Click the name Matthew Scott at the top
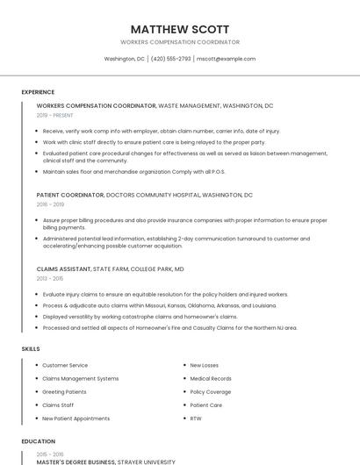(180, 29)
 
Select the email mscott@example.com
(226, 59)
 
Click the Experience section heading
(38, 92)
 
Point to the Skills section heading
(31, 349)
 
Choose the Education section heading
(38, 441)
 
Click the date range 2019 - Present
(54, 115)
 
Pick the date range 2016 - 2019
(49, 204)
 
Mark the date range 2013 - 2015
(49, 278)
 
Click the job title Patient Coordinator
(70, 195)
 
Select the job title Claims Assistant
(63, 269)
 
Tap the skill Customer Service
(65, 365)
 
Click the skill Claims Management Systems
(80, 378)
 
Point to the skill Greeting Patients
(64, 391)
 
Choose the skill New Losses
(205, 365)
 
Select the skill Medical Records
(211, 378)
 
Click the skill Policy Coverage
(211, 391)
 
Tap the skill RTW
(196, 418)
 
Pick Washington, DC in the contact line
(125, 59)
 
